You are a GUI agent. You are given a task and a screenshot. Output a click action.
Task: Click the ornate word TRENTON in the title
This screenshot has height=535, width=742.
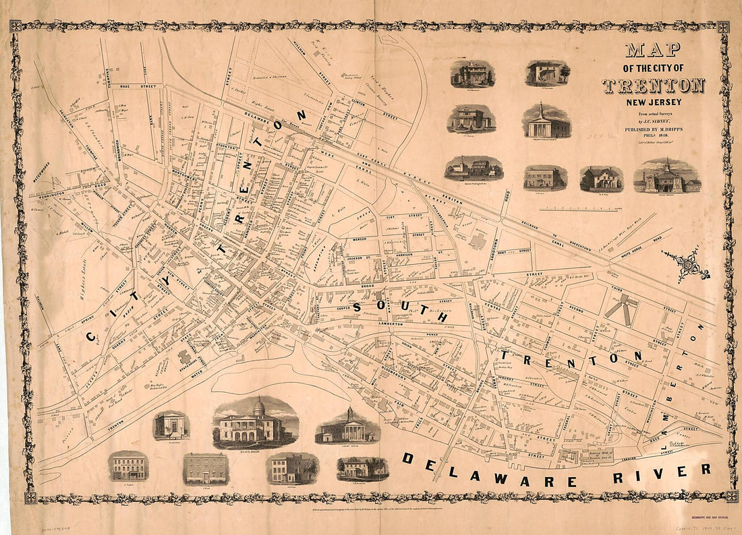coord(653,86)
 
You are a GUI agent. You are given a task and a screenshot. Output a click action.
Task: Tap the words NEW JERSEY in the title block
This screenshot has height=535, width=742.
coord(653,102)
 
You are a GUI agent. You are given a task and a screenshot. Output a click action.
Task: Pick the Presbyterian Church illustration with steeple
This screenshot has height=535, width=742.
coord(546,122)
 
